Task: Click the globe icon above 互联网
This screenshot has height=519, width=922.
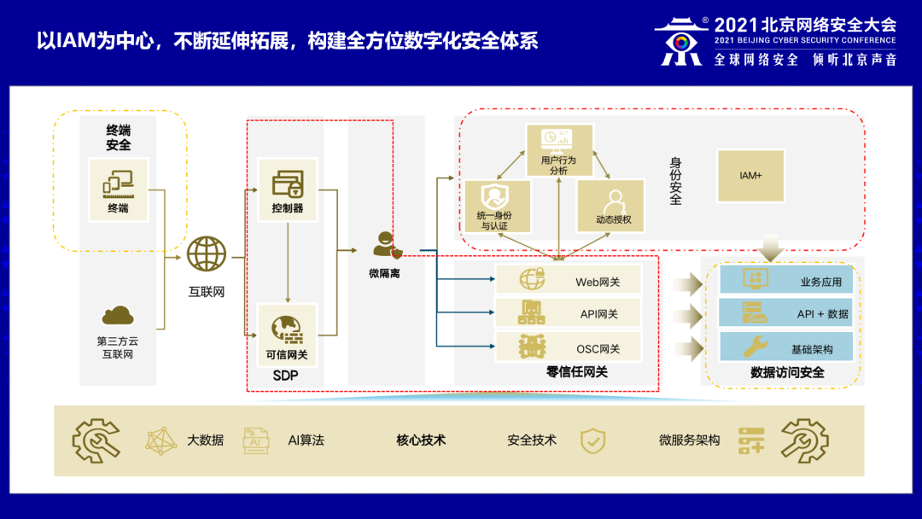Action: pyautogui.click(x=207, y=254)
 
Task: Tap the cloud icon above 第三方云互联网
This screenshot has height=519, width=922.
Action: pyautogui.click(x=118, y=317)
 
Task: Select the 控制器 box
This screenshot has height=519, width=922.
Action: pyautogui.click(x=288, y=189)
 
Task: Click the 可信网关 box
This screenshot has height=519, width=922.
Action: pyautogui.click(x=288, y=334)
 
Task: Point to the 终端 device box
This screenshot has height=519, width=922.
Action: pyautogui.click(x=118, y=190)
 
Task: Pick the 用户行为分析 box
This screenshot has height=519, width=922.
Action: pyautogui.click(x=559, y=150)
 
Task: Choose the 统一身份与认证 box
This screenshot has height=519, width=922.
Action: pyautogui.click(x=496, y=207)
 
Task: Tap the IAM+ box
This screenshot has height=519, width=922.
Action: pyautogui.click(x=750, y=176)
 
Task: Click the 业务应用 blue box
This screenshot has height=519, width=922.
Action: pyautogui.click(x=786, y=281)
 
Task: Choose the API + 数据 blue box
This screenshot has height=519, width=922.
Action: pyautogui.click(x=786, y=313)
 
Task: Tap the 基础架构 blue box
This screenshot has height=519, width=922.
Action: pyautogui.click(x=786, y=347)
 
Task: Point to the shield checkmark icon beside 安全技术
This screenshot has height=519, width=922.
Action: pyautogui.click(x=592, y=440)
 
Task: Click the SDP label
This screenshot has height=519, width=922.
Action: pyautogui.click(x=285, y=376)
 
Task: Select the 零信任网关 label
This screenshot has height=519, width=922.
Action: pyautogui.click(x=577, y=371)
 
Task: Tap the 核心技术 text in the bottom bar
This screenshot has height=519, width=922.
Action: pyautogui.click(x=421, y=440)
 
